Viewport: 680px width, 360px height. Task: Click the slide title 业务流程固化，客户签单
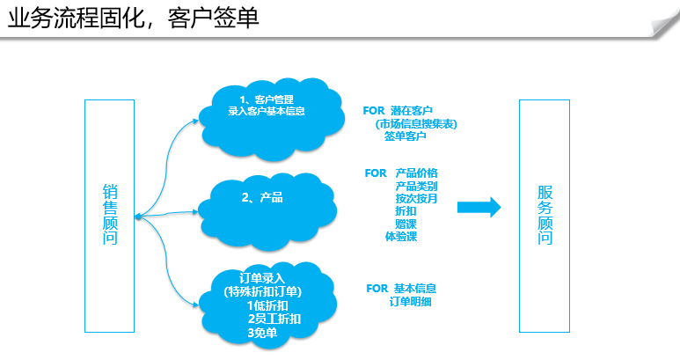(133, 18)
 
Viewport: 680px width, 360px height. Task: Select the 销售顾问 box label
(110, 215)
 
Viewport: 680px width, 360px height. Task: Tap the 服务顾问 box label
(545, 215)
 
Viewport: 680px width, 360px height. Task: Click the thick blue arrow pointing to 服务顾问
(479, 208)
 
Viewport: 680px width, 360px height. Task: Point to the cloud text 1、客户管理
(267, 99)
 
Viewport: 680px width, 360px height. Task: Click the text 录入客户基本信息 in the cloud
(267, 111)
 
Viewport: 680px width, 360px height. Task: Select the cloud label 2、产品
(262, 198)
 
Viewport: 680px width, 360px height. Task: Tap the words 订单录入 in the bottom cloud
(262, 278)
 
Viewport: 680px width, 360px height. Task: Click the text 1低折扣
(267, 305)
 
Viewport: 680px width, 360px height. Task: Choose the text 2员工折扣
(274, 319)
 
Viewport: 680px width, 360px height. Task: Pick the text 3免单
(262, 333)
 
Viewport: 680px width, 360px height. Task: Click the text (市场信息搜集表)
(416, 124)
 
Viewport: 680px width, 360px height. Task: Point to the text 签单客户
(405, 136)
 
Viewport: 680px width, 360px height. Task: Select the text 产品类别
(416, 186)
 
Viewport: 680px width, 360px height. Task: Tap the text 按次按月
(416, 199)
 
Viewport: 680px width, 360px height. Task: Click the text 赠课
(406, 224)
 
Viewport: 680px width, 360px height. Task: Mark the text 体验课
(401, 237)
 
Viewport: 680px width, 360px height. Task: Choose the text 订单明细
(410, 301)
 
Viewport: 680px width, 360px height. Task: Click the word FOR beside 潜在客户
(374, 111)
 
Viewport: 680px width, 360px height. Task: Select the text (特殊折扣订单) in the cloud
(263, 291)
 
